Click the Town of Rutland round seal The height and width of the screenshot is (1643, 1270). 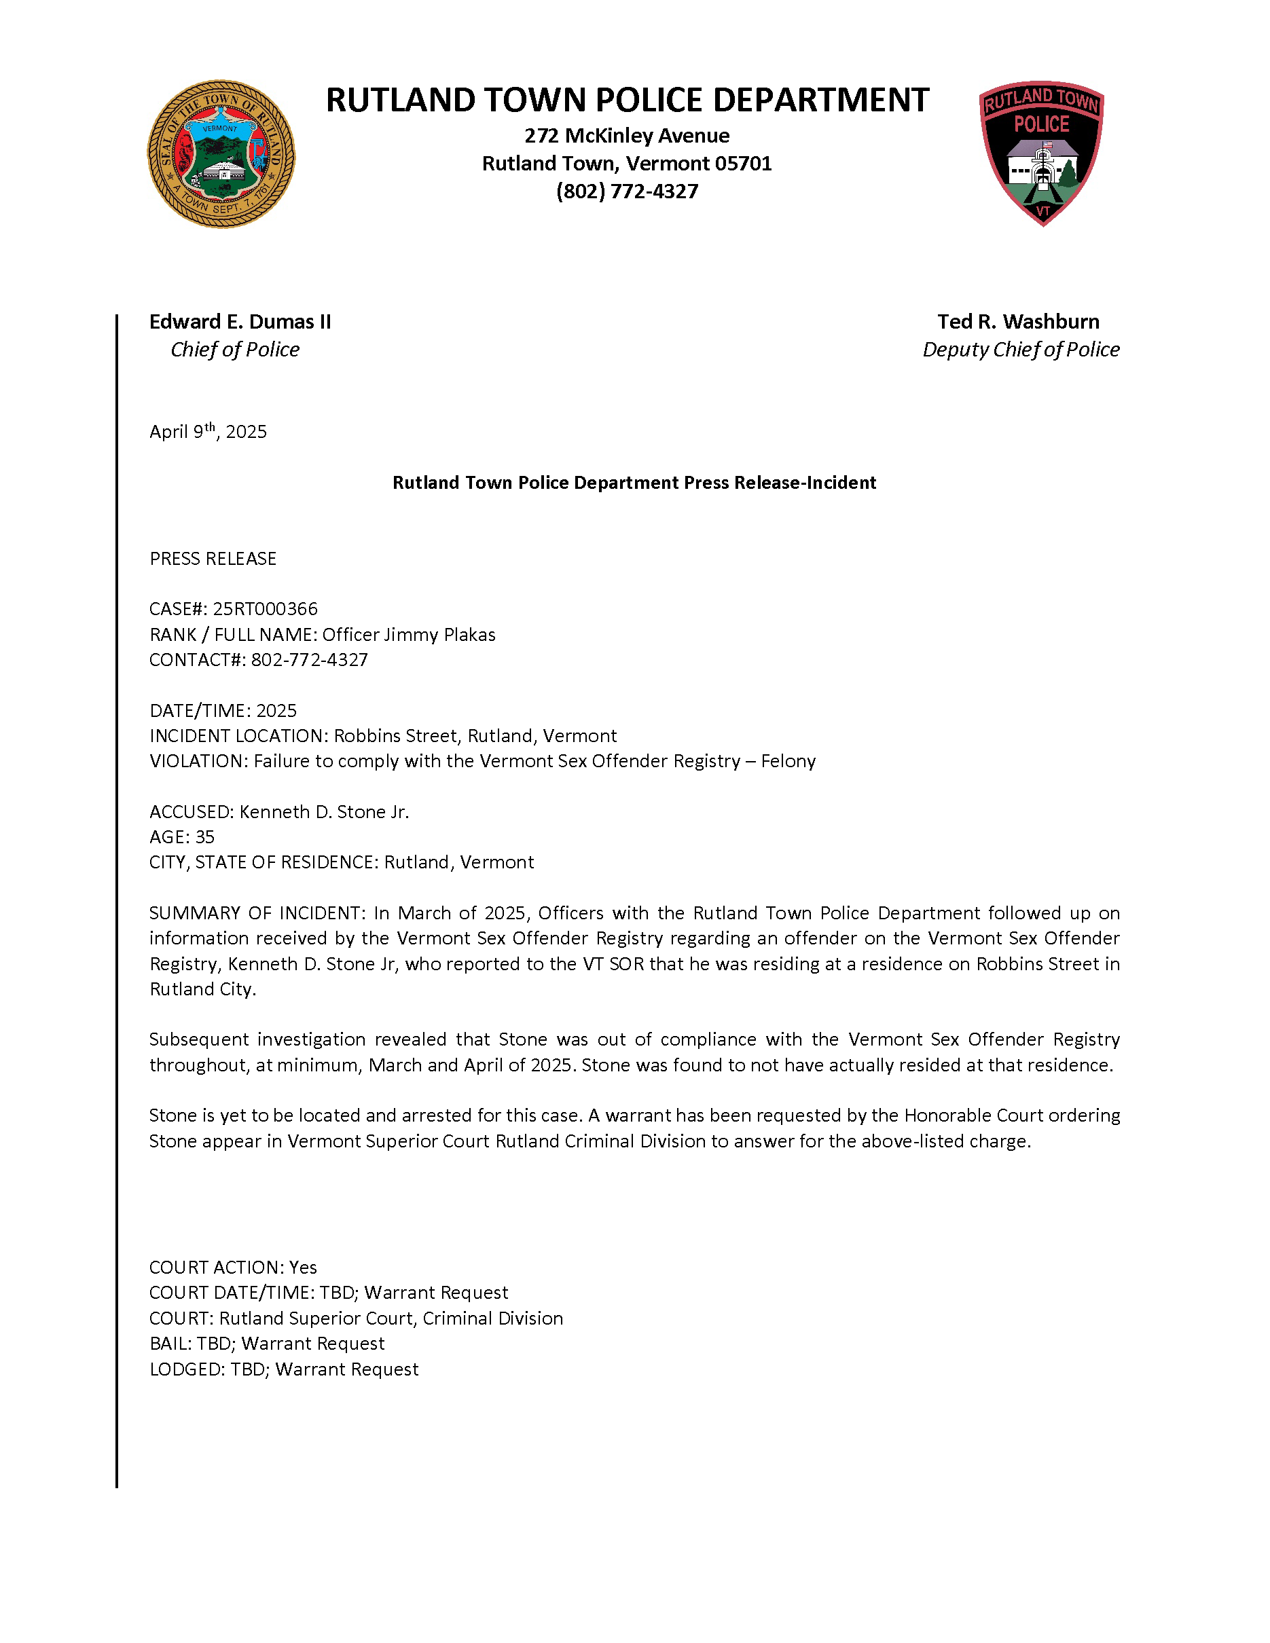click(221, 154)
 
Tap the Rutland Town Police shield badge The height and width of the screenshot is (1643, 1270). click(1041, 153)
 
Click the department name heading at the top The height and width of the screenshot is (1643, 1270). click(627, 100)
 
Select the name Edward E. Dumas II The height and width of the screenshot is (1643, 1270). click(240, 322)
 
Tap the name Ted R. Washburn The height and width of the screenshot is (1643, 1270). click(1018, 322)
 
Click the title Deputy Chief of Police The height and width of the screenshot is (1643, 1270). click(1021, 350)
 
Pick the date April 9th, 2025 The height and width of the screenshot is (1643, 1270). click(208, 432)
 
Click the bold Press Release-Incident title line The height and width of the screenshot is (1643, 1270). click(634, 483)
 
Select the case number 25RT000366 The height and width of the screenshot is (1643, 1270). click(265, 608)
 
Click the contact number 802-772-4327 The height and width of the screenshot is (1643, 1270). click(309, 661)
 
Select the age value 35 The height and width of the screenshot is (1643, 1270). click(204, 837)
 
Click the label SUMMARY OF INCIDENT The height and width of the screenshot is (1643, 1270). click(256, 913)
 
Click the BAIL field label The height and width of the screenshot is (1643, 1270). click(170, 1344)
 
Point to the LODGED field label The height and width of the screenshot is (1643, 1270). click(187, 1369)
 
